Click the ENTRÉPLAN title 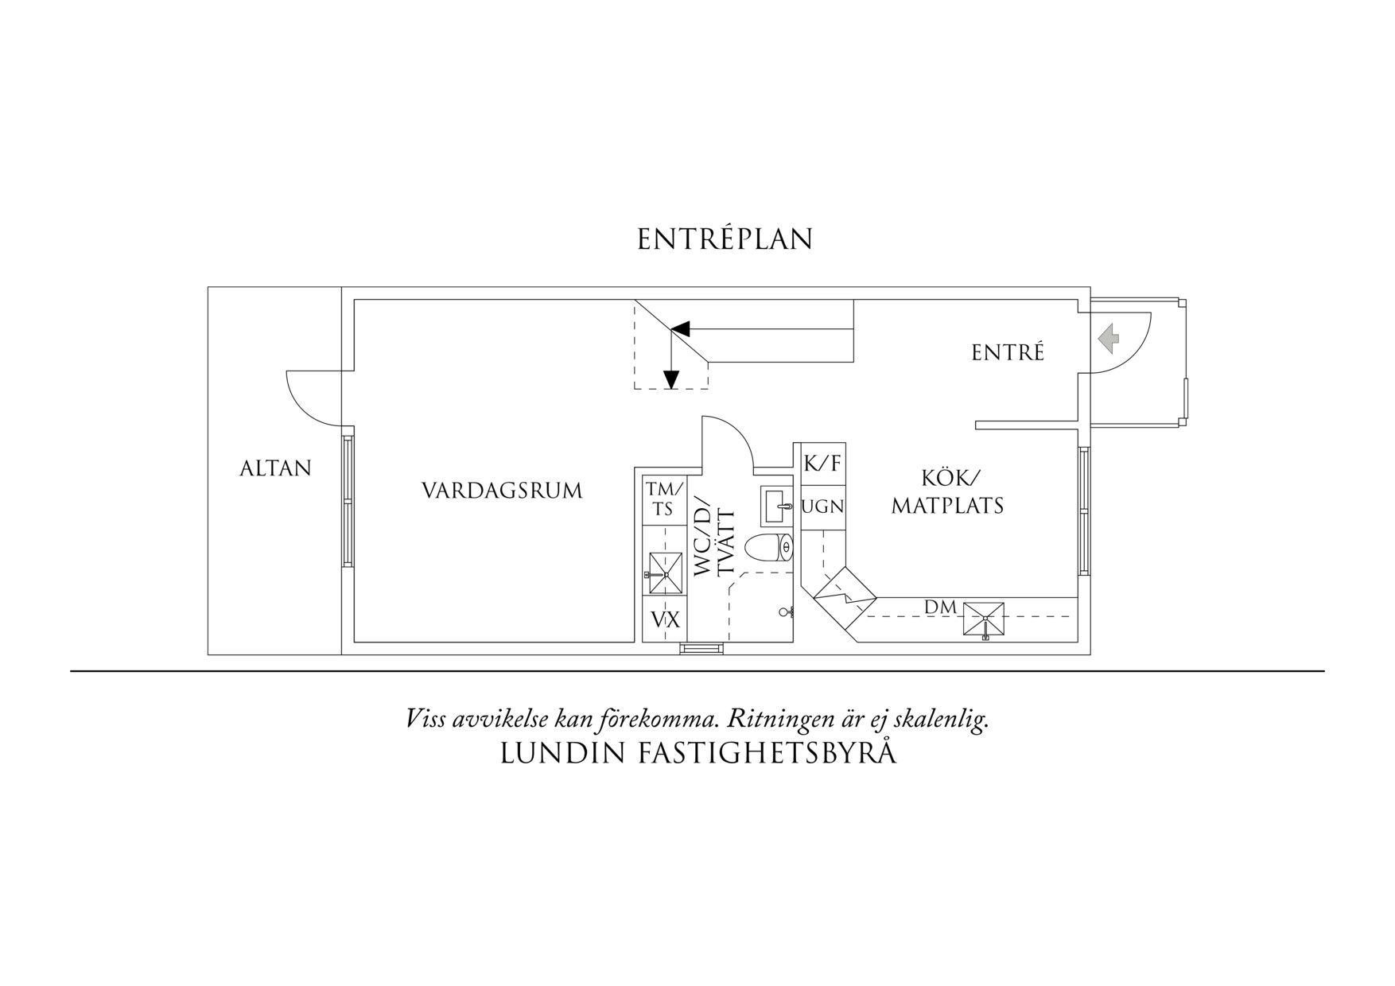pos(725,239)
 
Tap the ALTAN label pos(276,468)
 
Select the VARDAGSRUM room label pos(502,491)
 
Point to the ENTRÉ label pos(1008,352)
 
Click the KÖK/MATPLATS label pos(948,491)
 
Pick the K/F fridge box pos(822,464)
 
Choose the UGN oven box pos(822,507)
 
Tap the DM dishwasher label pos(940,608)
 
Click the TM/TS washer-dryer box pos(663,499)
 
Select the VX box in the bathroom pos(665,619)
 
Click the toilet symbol pos(769,548)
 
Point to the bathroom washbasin pos(777,506)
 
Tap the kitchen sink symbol pos(984,619)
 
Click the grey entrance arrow pos(1109,339)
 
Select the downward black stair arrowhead pos(671,380)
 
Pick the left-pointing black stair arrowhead pos(681,328)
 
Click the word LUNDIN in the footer pos(562,753)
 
